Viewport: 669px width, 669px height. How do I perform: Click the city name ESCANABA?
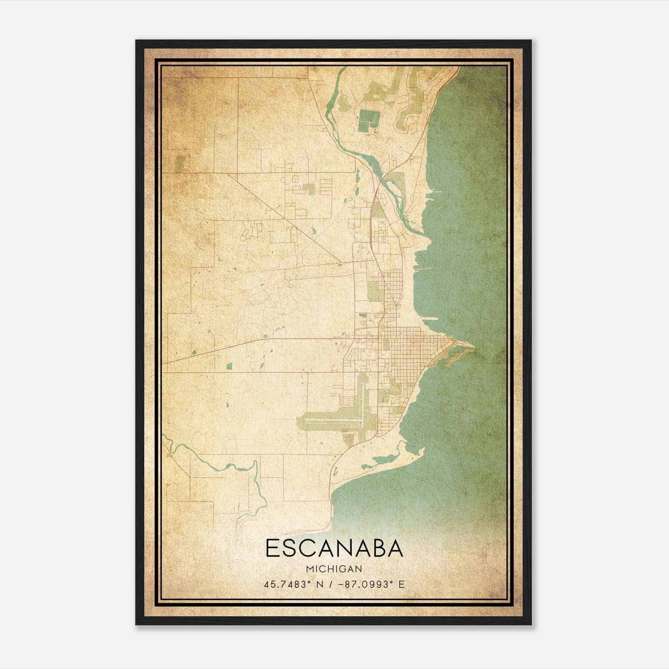(x=334, y=548)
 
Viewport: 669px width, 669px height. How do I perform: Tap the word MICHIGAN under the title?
(x=334, y=569)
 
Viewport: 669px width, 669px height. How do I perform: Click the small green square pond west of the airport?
(x=229, y=367)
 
